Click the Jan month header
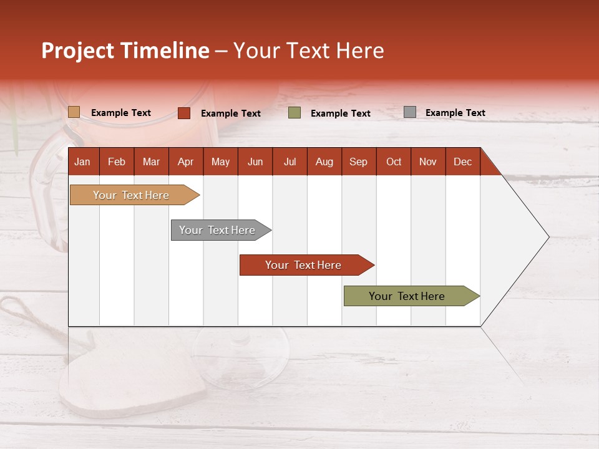(82, 162)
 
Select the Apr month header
(186, 162)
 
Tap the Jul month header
(290, 162)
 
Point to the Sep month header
(358, 162)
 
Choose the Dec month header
(462, 162)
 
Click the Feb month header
(117, 162)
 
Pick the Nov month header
(428, 162)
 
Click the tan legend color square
(74, 112)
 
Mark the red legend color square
(184, 113)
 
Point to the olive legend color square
(295, 113)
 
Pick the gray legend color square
(409, 112)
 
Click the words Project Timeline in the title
(125, 51)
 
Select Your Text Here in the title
(308, 51)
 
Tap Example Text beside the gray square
(455, 113)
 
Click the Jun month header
(255, 162)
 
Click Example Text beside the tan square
(121, 113)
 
